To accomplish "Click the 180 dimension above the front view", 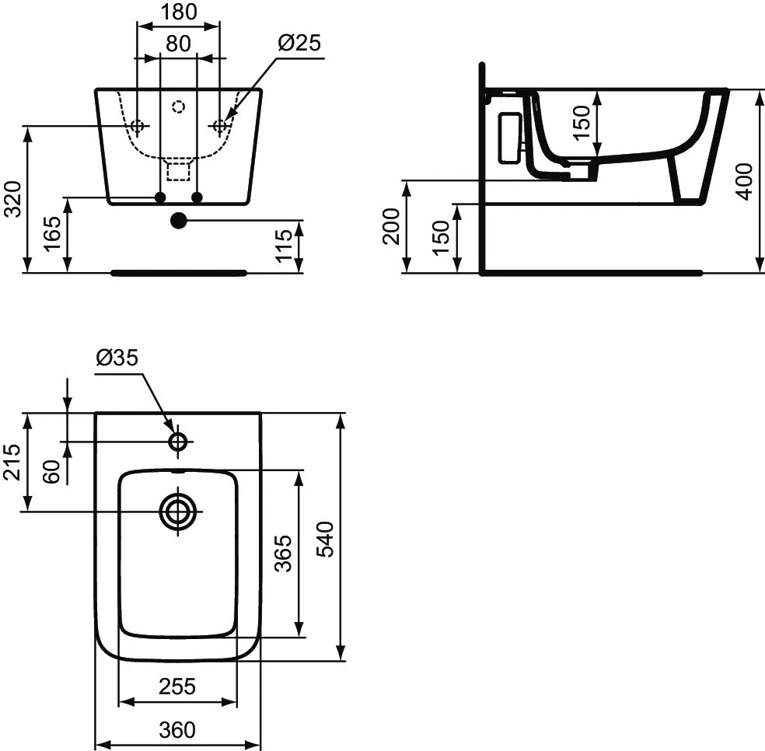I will tap(178, 12).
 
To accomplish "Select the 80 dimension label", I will tap(178, 44).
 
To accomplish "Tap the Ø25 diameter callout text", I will tap(299, 43).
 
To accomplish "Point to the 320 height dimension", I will tap(12, 200).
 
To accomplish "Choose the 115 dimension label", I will tap(285, 246).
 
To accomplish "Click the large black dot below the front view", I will tap(178, 221).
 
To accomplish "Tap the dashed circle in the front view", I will tap(178, 107).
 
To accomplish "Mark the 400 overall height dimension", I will tap(744, 181).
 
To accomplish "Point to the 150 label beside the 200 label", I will tap(441, 238).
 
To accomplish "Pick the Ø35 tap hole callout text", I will tap(117, 358).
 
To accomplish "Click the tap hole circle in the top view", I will tap(178, 442).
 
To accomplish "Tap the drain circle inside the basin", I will tap(178, 512).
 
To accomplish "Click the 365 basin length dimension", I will tap(285, 553).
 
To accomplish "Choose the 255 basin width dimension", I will tap(177, 686).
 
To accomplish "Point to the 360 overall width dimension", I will tap(177, 730).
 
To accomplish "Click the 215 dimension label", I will tap(12, 462).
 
